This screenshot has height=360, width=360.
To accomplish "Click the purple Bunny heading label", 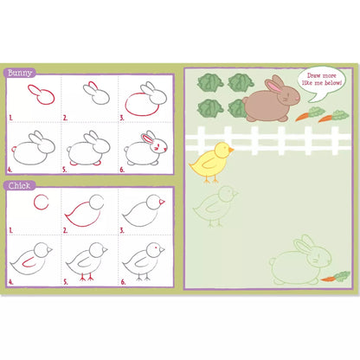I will point(21,74).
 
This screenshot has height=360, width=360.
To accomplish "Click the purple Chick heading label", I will point(20,184).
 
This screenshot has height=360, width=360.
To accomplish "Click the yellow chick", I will point(209,162).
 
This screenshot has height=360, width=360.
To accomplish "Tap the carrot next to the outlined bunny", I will point(336,276).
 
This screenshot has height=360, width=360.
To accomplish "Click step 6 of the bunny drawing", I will point(146,149).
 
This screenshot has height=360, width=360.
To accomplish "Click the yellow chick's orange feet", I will point(208,181).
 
